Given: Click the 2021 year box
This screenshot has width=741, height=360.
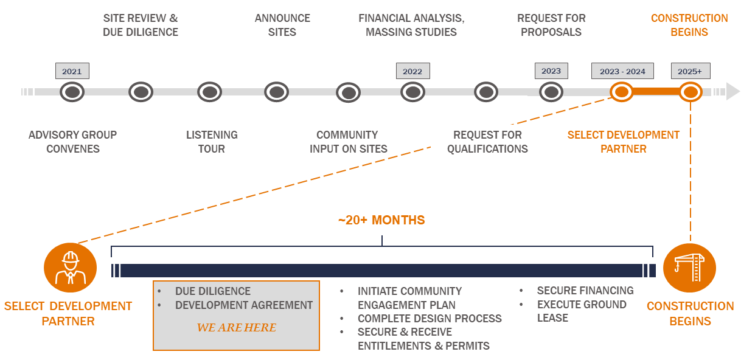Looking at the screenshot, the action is (x=72, y=71).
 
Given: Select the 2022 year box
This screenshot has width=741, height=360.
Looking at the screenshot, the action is (x=413, y=71).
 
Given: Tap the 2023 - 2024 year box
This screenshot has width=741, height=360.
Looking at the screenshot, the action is (x=622, y=71).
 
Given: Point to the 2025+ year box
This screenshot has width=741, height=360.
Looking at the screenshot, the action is (x=691, y=71).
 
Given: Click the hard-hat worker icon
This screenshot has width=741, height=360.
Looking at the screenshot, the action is (x=70, y=268).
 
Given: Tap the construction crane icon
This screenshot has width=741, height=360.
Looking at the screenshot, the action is (x=690, y=268).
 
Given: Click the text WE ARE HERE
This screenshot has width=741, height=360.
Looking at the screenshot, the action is (x=237, y=327).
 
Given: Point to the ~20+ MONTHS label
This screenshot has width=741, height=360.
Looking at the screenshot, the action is (x=381, y=220).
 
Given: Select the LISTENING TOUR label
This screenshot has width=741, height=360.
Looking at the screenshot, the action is (x=212, y=142).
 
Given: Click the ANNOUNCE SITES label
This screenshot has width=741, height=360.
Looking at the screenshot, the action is (x=282, y=25).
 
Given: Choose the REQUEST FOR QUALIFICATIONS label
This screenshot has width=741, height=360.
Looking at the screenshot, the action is (x=487, y=142).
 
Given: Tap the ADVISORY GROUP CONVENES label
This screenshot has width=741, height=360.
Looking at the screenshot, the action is (x=73, y=142).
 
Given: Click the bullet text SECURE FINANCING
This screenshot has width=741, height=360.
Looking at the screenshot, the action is (x=585, y=291).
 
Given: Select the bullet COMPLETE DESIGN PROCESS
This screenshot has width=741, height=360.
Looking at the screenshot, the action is (x=430, y=319).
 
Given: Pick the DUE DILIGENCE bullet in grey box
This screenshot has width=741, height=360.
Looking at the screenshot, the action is (x=213, y=291).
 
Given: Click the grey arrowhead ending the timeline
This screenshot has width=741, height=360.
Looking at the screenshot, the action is (x=732, y=91).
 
